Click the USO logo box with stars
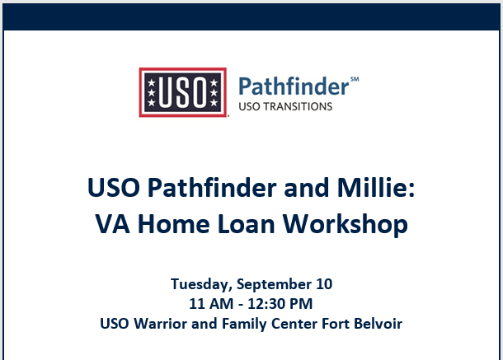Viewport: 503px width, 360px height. pyautogui.click(x=183, y=92)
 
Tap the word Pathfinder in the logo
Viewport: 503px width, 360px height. pyautogui.click(x=294, y=86)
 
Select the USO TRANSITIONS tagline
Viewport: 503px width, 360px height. pyautogui.click(x=285, y=106)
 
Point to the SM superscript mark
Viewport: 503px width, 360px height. pyautogui.click(x=355, y=79)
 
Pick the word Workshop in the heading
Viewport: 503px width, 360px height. pyautogui.click(x=346, y=224)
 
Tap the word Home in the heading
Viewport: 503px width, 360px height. pyautogui.click(x=173, y=224)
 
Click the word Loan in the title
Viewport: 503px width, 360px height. pyautogui.click(x=246, y=224)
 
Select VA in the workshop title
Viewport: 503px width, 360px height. pyautogui.click(x=113, y=224)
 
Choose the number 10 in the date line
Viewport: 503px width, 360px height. pyautogui.click(x=324, y=284)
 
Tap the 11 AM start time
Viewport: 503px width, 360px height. pyautogui.click(x=211, y=304)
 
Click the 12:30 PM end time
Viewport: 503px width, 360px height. pyautogui.click(x=280, y=304)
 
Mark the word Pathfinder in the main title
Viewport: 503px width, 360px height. pyautogui.click(x=212, y=187)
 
